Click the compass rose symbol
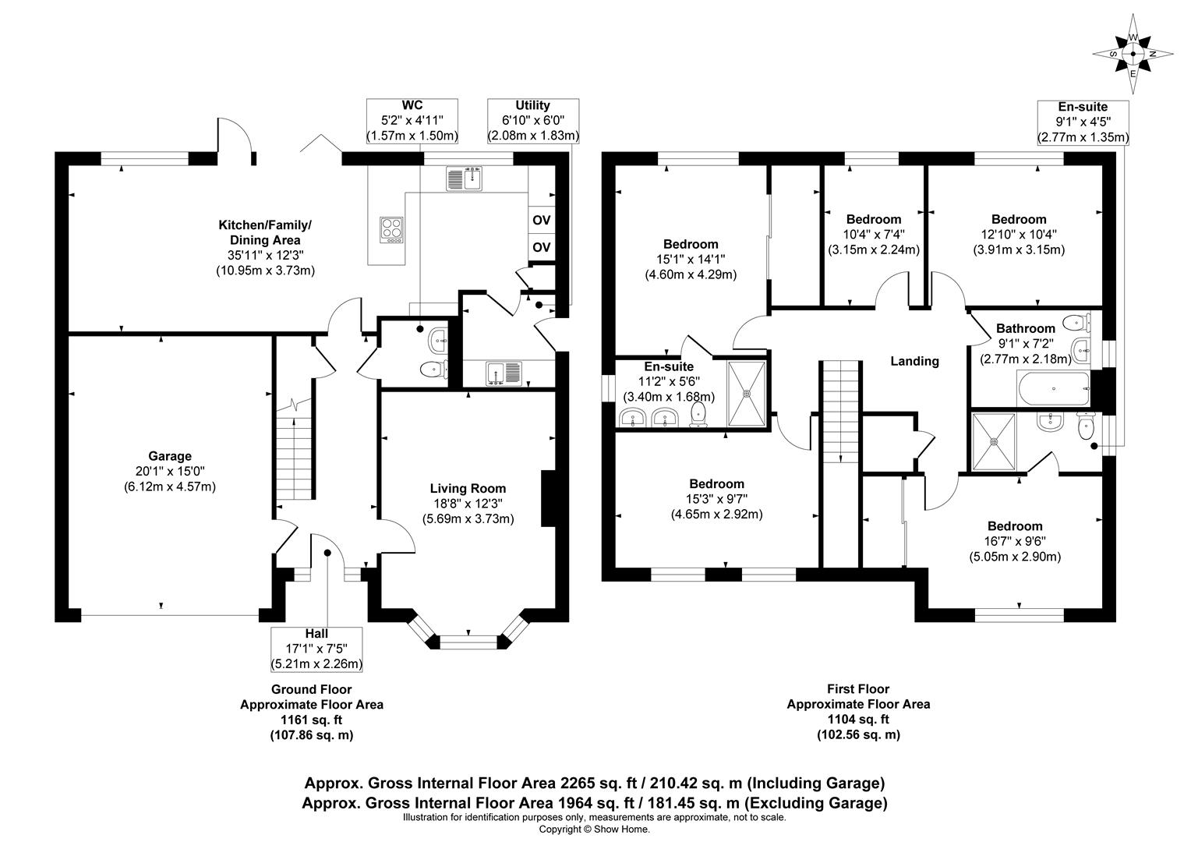[1133, 55]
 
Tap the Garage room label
[170, 456]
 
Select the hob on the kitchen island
[391, 230]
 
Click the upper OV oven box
[541, 220]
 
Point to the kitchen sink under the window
[465, 179]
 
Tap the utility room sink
[504, 373]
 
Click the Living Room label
[468, 488]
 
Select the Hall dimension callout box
[316, 649]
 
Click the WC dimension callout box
[412, 121]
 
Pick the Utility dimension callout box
[533, 121]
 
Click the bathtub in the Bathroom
[1053, 389]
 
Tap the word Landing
[914, 361]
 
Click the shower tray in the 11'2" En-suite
[747, 394]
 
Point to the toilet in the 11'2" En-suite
[698, 414]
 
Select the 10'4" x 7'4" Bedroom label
[874, 234]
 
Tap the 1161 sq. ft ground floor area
[312, 720]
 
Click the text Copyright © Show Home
[595, 830]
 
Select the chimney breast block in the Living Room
[548, 498]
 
